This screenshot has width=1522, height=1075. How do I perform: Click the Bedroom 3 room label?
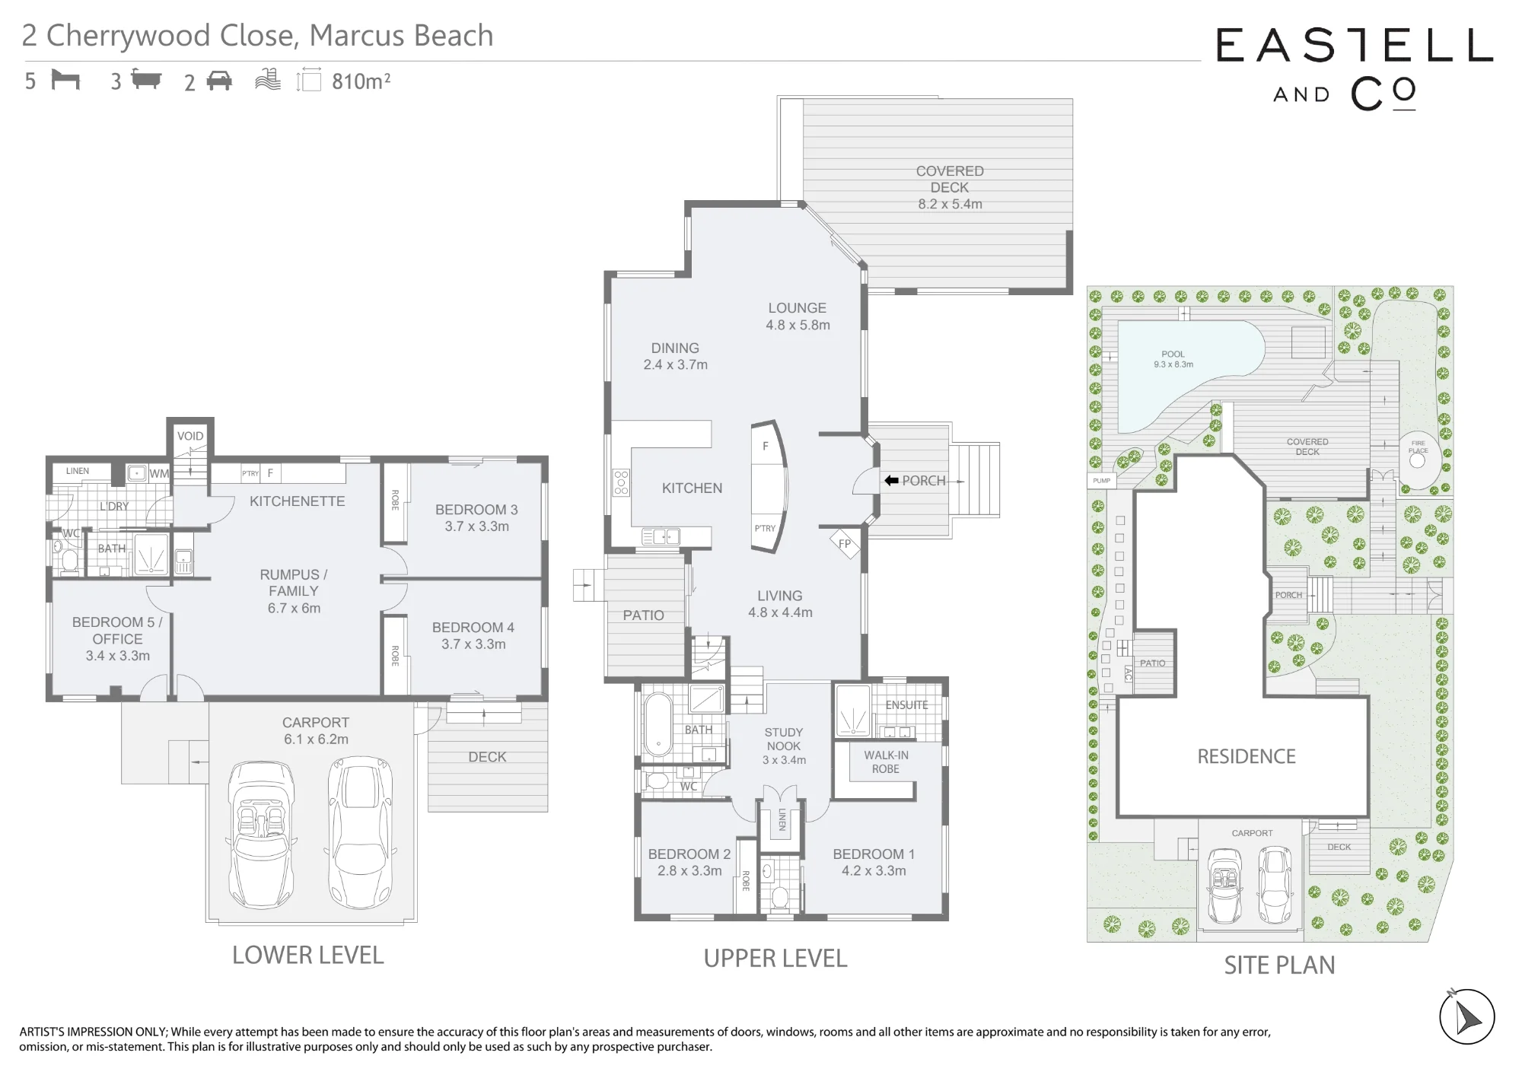(476, 517)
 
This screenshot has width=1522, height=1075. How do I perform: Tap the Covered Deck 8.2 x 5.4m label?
(950, 187)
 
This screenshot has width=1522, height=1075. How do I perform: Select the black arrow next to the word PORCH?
(891, 481)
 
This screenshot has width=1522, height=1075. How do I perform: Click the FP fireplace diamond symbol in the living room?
(845, 544)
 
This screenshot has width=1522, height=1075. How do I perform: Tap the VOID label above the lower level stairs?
(190, 436)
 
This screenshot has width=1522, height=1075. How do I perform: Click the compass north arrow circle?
(1466, 1017)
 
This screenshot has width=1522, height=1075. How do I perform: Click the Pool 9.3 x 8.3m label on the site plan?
(1173, 359)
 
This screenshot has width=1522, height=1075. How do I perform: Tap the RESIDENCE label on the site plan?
(1247, 756)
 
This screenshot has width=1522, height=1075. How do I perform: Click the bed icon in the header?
(65, 80)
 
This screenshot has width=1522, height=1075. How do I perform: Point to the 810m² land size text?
(361, 81)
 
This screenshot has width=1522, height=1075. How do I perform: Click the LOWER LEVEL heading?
(307, 955)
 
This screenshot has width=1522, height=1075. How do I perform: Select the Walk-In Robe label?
(886, 762)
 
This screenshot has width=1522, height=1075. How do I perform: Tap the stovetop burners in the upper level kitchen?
(622, 482)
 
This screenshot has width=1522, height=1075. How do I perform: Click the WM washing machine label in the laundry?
(158, 473)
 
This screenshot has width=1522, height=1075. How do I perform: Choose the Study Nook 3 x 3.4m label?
(784, 746)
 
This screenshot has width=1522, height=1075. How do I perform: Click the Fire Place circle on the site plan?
(1418, 460)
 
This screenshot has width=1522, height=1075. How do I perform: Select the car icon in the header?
(218, 81)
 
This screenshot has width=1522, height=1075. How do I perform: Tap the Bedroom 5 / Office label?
(117, 639)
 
